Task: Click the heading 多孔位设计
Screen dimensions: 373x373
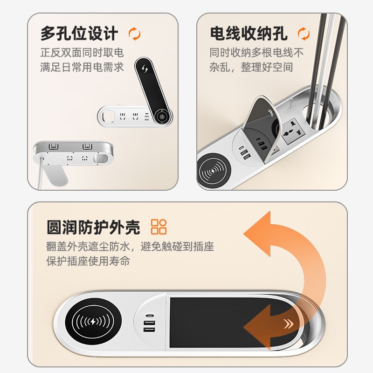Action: click(x=79, y=34)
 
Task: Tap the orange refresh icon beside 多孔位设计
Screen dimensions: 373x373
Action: click(x=134, y=34)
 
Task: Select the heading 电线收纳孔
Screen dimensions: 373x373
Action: click(x=249, y=34)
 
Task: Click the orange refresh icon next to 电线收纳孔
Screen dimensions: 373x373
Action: click(x=304, y=34)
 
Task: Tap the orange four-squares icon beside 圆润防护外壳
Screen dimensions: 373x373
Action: click(x=159, y=227)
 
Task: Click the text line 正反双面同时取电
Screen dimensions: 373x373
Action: click(x=82, y=52)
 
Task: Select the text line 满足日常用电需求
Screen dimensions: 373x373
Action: click(x=82, y=67)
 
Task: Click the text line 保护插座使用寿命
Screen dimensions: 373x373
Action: click(x=88, y=261)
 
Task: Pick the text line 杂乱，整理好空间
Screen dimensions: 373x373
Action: click(x=251, y=67)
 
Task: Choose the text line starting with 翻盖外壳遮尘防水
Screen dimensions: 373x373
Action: click(x=130, y=246)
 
